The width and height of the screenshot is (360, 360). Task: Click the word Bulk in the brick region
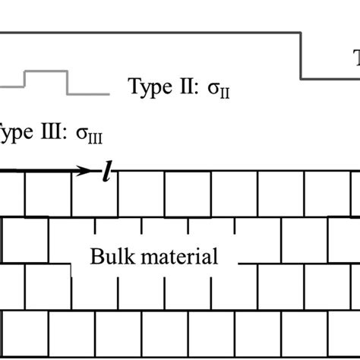click(112, 256)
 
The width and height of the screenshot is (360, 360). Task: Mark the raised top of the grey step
click(46, 71)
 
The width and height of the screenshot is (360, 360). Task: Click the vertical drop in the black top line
click(302, 55)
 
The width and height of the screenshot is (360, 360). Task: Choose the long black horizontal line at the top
click(152, 32)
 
